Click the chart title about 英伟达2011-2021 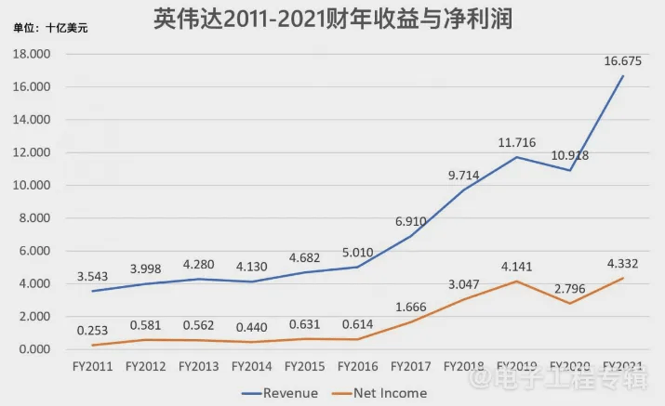tap(333, 19)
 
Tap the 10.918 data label tap(568, 155)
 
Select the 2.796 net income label tap(568, 287)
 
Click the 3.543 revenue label tap(93, 276)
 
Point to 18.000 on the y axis tap(31, 55)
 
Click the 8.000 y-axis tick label tap(33, 218)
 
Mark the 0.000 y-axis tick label tap(33, 349)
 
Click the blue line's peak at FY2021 tap(622, 76)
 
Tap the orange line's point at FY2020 tap(570, 303)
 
